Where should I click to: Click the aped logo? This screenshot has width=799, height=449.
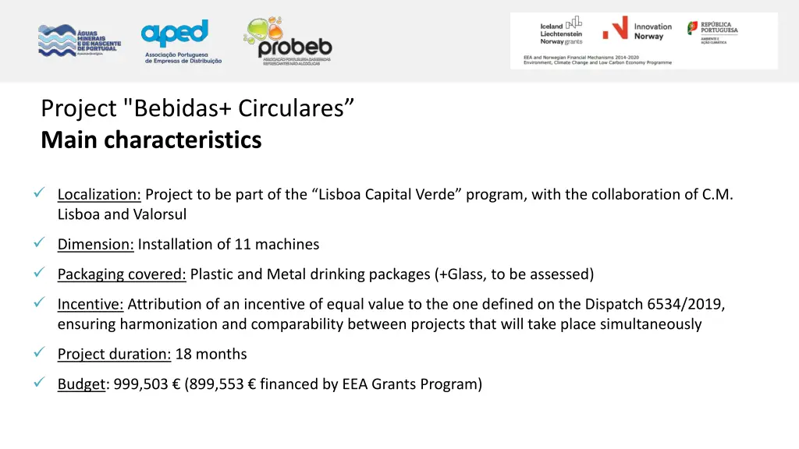pyautogui.click(x=183, y=42)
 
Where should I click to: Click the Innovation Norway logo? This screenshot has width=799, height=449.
pyautogui.click(x=637, y=31)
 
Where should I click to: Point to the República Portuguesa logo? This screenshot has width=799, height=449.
pyautogui.click(x=712, y=33)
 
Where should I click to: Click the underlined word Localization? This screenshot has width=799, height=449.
pyautogui.click(x=98, y=195)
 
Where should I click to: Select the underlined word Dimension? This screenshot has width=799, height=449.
pyautogui.click(x=96, y=245)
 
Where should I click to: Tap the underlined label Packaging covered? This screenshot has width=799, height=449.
pyautogui.click(x=121, y=274)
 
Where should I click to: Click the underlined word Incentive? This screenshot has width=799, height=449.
pyautogui.click(x=90, y=304)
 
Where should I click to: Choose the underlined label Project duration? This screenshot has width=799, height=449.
pyautogui.click(x=114, y=355)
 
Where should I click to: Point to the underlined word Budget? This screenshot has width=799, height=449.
pyautogui.click(x=80, y=384)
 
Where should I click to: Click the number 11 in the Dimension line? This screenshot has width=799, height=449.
pyautogui.click(x=243, y=245)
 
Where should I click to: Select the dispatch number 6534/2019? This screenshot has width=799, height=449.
pyautogui.click(x=687, y=304)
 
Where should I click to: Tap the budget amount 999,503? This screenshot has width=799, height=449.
pyautogui.click(x=140, y=384)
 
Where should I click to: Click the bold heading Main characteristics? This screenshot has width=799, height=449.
pyautogui.click(x=151, y=140)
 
